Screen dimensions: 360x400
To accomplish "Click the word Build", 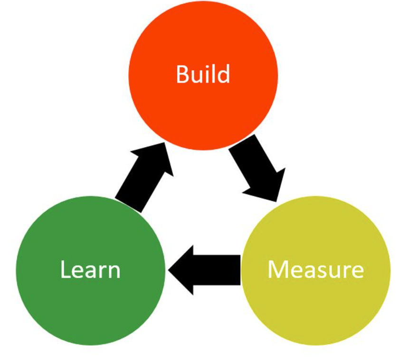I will pos(203,75).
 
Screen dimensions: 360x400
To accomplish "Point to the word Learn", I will pos(90,270).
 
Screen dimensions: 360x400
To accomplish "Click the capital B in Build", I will pos(181,75).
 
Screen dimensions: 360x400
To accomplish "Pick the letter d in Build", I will pos(224,75).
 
